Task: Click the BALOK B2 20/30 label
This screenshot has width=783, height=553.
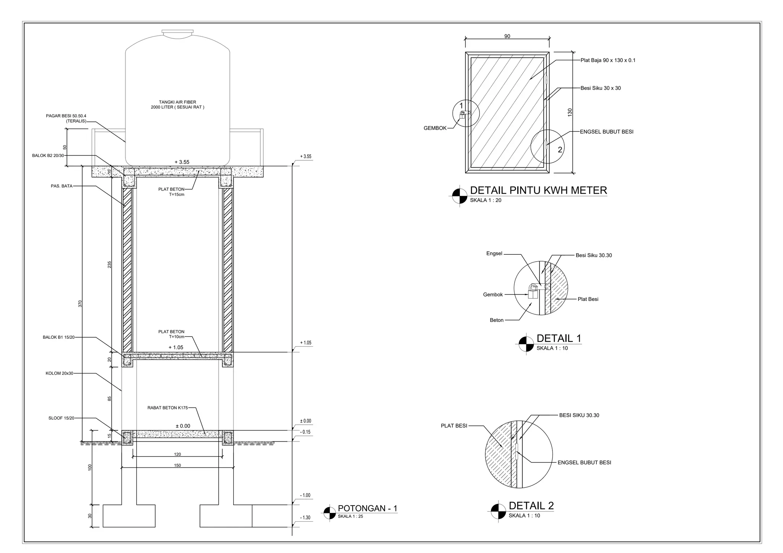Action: coord(48,155)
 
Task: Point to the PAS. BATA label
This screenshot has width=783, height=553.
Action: coord(61,186)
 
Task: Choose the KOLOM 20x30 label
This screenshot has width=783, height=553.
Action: coord(59,373)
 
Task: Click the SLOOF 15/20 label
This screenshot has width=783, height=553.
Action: coord(61,418)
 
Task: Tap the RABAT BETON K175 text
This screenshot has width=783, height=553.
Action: coord(167,408)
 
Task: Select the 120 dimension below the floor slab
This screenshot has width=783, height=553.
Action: coord(177,454)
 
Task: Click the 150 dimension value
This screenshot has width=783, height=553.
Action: coord(177,465)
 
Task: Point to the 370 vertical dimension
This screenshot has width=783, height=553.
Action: coord(80,304)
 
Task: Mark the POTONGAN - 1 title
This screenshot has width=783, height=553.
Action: coord(367,508)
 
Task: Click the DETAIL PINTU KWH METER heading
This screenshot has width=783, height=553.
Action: coord(538,190)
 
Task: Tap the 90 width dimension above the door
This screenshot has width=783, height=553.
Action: coord(507,36)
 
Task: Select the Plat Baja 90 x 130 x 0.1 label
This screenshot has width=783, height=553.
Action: coord(608,60)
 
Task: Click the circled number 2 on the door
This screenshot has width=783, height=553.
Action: coord(560,150)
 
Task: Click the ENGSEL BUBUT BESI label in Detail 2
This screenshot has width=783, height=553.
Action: coord(584,462)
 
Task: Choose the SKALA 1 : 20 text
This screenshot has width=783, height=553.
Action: coord(485,200)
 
